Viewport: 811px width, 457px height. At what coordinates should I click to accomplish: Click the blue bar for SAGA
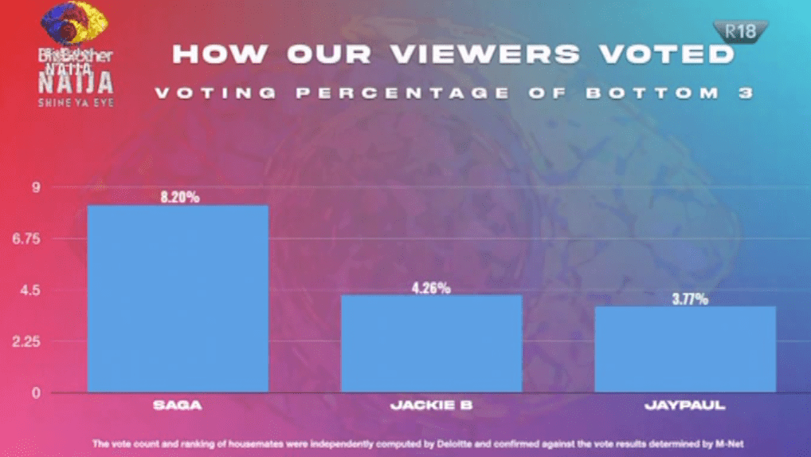[x=177, y=298]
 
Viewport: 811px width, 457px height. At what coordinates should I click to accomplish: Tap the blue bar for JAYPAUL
[x=685, y=349]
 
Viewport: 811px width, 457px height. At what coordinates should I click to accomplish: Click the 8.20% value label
[x=178, y=196]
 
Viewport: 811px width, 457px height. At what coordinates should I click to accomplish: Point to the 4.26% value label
[x=431, y=287]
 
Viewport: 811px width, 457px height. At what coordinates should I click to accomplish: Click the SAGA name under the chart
[x=177, y=405]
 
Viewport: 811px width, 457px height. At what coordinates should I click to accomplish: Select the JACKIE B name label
[x=431, y=405]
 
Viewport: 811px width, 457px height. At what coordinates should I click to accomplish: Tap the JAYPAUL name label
[x=685, y=405]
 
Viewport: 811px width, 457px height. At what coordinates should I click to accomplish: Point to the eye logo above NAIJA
[x=73, y=24]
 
